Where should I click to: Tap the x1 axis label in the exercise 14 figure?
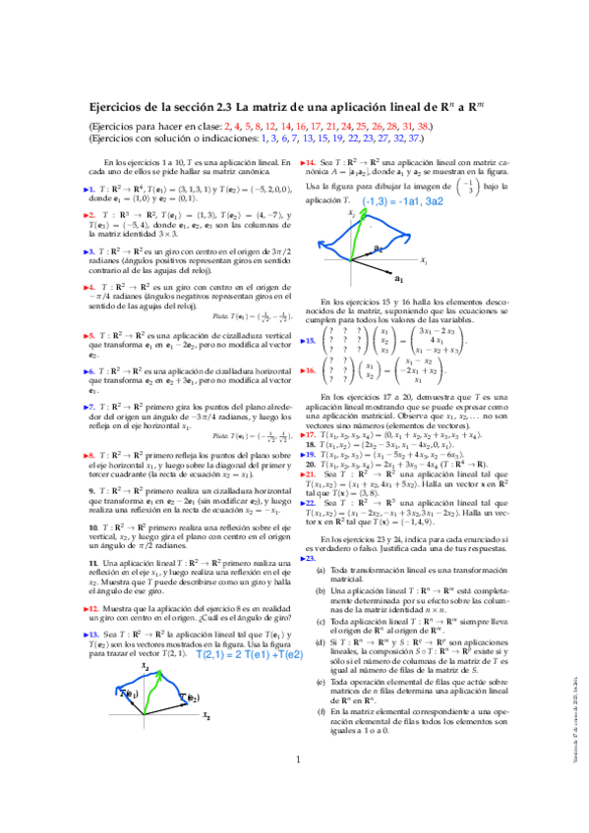coord(423,262)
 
